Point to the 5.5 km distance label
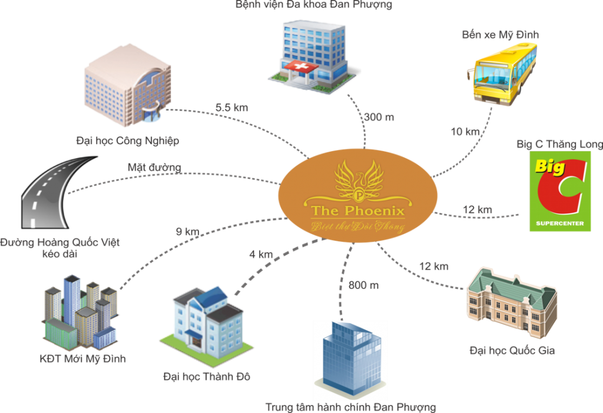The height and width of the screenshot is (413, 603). point(232,108)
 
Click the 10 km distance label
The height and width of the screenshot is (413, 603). point(465,132)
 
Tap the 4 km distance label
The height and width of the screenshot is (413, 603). point(261,255)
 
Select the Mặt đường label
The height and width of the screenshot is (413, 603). point(155,168)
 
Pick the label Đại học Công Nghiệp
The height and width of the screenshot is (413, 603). point(128,141)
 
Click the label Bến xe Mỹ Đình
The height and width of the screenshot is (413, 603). point(500,35)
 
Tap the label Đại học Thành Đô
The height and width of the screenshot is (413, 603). point(207,376)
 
